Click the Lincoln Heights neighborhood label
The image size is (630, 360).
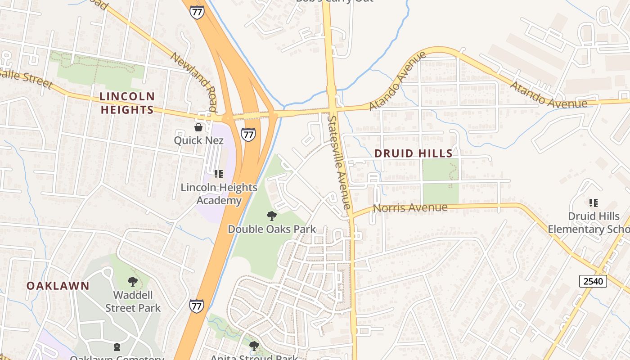tap(127, 103)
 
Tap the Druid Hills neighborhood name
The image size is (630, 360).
tap(413, 153)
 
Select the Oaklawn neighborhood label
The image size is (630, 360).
tap(58, 286)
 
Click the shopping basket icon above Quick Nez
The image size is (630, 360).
tap(198, 128)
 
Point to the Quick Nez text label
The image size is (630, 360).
tap(198, 140)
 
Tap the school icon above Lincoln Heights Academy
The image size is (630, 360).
tap(219, 174)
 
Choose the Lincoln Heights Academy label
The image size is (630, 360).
tap(219, 193)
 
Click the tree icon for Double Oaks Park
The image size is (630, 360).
tap(271, 216)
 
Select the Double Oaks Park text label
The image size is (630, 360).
tap(272, 229)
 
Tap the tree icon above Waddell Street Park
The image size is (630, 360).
tap(133, 282)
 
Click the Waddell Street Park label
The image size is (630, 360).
tap(133, 301)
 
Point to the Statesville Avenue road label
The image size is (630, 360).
tap(339, 162)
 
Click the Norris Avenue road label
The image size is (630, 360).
tap(410, 207)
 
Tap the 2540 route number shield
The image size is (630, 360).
tap(593, 281)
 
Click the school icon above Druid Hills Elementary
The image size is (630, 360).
tap(594, 203)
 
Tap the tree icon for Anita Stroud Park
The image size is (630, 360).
tap(254, 346)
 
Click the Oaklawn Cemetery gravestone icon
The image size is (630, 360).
tap(117, 347)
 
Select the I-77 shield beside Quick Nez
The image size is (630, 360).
tap(248, 134)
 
